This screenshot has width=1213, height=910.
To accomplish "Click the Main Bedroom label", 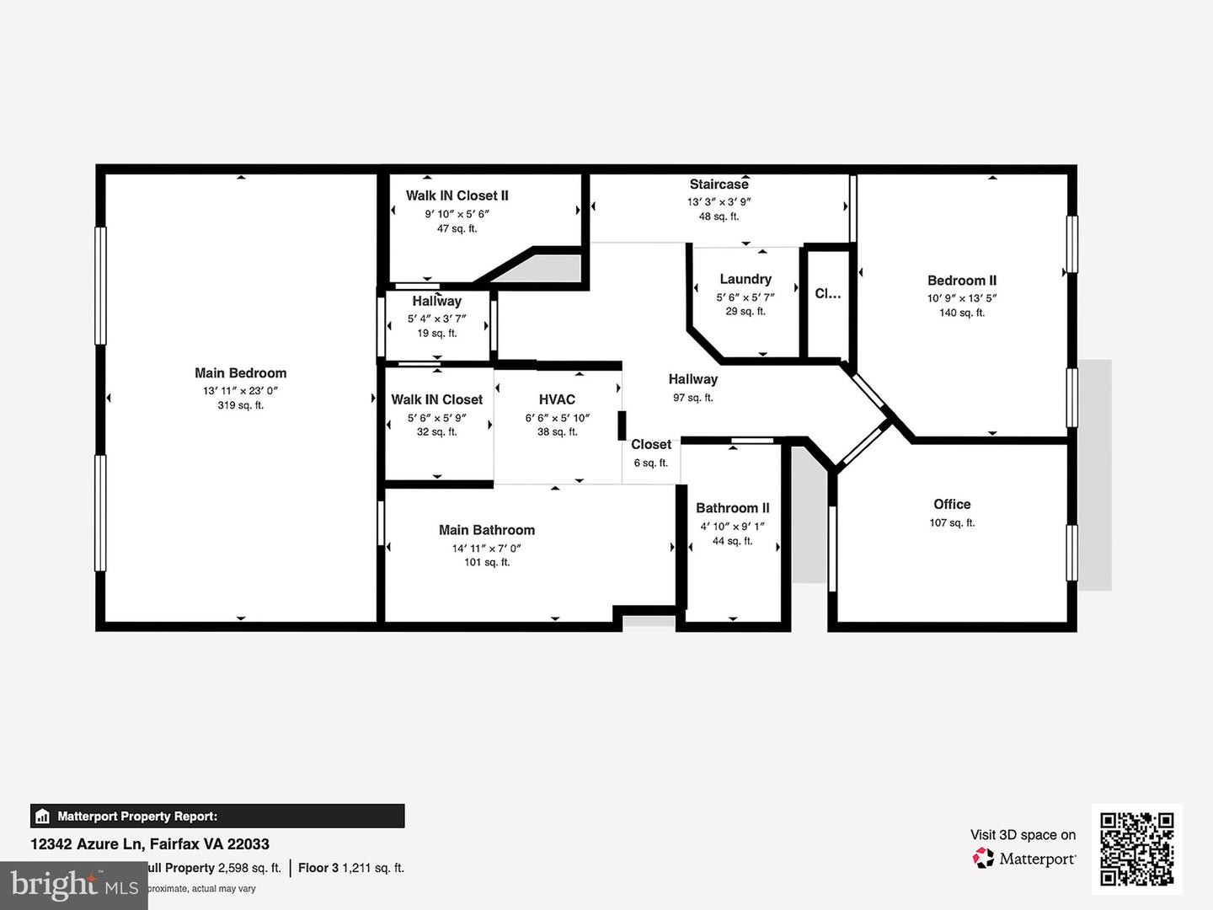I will (x=240, y=372).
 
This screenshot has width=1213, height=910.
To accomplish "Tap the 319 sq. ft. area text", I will (x=240, y=405).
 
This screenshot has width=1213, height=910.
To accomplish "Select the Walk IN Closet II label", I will (x=457, y=195).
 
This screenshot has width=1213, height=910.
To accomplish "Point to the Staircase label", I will (x=719, y=184).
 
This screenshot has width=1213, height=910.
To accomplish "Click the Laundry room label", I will (x=745, y=279).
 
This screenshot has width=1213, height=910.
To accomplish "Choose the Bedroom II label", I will (x=961, y=281).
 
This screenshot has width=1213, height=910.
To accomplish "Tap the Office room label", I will (x=952, y=504).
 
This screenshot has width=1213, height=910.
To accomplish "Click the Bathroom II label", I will (x=732, y=508).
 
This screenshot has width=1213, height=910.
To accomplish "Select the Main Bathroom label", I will (x=486, y=530).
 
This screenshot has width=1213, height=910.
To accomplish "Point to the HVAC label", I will (x=557, y=399).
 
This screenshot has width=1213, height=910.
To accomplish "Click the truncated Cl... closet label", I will (x=827, y=294).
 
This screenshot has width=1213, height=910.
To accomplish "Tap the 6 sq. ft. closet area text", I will (x=650, y=463).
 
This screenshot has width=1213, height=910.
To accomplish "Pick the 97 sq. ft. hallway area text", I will (x=692, y=398).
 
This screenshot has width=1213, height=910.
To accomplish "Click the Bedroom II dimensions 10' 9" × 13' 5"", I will (x=961, y=298).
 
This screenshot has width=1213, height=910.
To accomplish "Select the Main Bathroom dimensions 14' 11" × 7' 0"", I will (x=486, y=548).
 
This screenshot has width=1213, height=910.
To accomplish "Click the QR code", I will (x=1136, y=848).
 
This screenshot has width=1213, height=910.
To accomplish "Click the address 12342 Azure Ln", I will (x=88, y=843).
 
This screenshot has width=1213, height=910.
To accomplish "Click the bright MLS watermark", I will (x=74, y=886).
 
